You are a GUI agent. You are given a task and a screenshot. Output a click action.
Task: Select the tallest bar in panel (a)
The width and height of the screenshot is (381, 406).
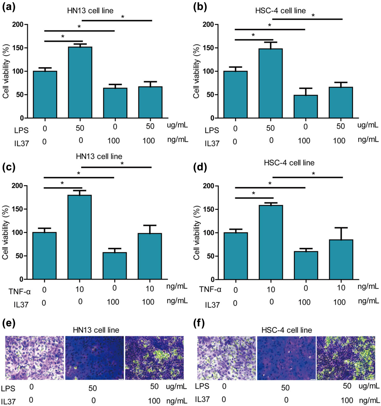(80, 83)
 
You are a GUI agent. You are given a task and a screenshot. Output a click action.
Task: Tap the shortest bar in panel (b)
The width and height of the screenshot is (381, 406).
(306, 107)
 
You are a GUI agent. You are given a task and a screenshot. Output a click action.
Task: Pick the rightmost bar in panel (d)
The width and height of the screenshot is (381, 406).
(341, 259)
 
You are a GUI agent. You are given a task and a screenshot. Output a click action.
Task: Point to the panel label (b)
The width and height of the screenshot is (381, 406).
(200, 7)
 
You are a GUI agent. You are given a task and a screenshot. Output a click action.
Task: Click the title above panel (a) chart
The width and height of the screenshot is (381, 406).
(90, 11)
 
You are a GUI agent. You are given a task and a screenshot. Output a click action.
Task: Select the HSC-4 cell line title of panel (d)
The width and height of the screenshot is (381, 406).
(289, 163)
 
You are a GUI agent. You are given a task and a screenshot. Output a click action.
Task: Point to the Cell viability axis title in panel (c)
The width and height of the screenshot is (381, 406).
(5, 232)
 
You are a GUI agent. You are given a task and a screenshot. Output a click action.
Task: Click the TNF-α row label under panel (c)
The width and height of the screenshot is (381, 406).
(20, 291)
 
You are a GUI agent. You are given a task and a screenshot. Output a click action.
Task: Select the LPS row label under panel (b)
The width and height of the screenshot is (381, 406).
(212, 130)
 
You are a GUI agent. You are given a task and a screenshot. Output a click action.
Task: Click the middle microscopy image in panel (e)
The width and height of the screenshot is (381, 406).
(94, 358)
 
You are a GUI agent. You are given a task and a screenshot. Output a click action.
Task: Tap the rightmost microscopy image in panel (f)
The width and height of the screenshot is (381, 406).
(346, 358)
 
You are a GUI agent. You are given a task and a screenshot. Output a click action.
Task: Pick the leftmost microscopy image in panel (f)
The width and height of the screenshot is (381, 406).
(227, 358)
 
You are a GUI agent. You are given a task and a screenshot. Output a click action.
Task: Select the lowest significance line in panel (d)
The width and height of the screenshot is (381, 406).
(254, 198)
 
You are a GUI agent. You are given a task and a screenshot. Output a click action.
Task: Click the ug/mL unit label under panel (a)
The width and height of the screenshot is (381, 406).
(177, 125)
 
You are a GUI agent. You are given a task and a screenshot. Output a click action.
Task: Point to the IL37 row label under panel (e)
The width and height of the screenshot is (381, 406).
(8, 402)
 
